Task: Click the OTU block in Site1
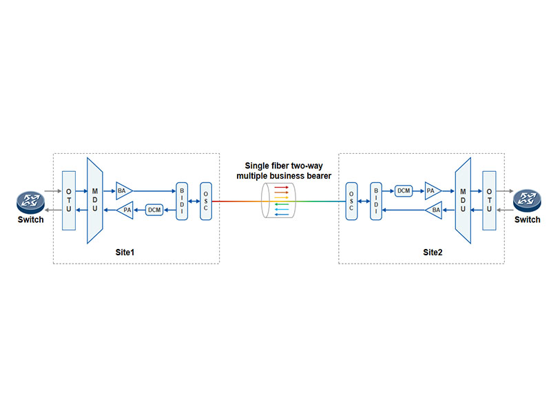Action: [69, 200]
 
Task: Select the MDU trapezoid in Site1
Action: [94, 200]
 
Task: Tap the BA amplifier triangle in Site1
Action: [125, 190]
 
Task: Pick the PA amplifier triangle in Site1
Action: [126, 210]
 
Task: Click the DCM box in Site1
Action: [154, 210]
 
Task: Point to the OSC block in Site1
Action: [206, 201]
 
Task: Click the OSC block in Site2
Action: [351, 201]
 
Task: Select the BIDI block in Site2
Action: [375, 201]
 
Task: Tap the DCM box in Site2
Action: [404, 190]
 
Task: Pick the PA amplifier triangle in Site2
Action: [432, 190]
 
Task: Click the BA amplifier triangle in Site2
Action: [433, 210]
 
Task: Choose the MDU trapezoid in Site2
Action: [463, 199]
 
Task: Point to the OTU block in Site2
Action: [489, 199]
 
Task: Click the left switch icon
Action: [30, 202]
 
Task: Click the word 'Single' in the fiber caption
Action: [258, 166]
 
